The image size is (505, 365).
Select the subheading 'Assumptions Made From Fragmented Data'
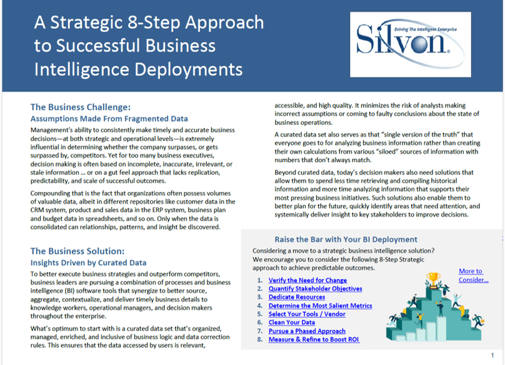tap(109, 119)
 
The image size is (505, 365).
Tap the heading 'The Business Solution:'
tap(78, 251)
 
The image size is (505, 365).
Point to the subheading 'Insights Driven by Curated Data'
tap(89, 263)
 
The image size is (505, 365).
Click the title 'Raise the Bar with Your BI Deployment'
tap(346, 239)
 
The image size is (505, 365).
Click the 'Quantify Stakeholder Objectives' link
tap(315, 289)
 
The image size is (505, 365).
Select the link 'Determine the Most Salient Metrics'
tap(320, 306)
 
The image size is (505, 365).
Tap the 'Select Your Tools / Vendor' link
tap(307, 314)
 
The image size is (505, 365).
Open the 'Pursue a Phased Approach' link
tap(307, 331)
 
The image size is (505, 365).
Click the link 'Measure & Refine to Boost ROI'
tap(314, 339)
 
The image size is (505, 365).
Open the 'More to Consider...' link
tap(472, 276)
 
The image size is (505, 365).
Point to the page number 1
tap(492, 355)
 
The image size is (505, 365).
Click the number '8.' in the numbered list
tap(261, 339)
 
